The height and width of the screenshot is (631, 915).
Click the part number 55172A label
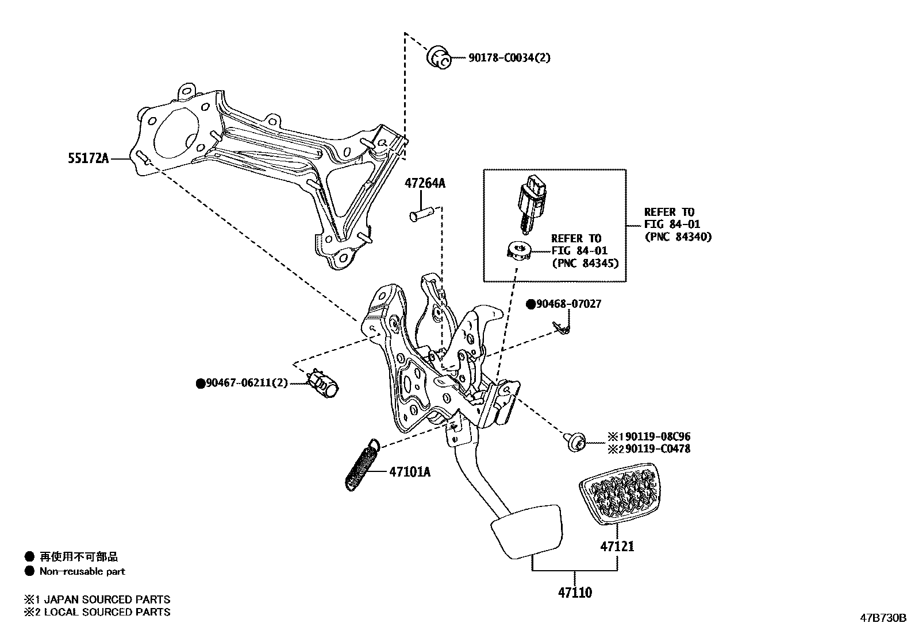pos(88,158)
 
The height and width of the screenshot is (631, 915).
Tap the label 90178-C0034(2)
pos(501,57)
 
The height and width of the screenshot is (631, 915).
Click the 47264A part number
pos(425,184)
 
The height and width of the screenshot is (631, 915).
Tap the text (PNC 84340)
pos(678,237)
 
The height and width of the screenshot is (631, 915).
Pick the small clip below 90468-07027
pos(561,328)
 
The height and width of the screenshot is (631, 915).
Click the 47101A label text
pos(409,472)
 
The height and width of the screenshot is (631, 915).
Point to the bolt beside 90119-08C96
pos(575,442)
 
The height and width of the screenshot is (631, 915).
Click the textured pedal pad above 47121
pos(618,494)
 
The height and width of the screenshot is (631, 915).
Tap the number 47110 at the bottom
pos(574,593)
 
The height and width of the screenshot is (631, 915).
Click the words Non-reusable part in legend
pos(82,571)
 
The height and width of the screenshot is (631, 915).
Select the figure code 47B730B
pos(883,618)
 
